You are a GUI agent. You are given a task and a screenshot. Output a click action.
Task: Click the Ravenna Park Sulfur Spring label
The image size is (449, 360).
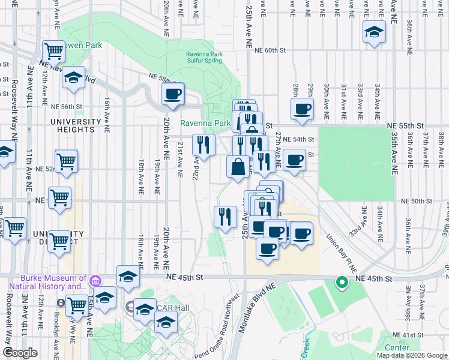[x=204, y=57]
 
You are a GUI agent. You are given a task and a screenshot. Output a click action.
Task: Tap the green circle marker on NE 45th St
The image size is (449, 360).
[x=342, y=282]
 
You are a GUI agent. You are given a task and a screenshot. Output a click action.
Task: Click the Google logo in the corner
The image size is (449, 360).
[x=20, y=353]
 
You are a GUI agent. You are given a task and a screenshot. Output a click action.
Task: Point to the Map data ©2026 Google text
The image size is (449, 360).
[x=412, y=355]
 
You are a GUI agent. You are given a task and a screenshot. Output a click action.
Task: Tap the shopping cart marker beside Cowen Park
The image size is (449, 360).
[x=54, y=51]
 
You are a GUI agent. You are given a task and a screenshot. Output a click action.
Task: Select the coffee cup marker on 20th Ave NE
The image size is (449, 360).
[x=172, y=94]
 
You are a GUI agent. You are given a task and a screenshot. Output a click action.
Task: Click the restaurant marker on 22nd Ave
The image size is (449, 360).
[x=203, y=145]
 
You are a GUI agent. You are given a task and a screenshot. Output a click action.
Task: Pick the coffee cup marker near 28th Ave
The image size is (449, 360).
[x=302, y=109]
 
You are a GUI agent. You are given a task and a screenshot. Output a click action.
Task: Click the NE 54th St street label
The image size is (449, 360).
[x=298, y=139]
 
